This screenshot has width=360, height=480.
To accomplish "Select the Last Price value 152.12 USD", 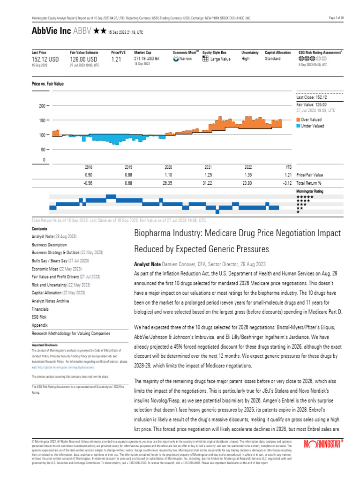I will click(45, 60).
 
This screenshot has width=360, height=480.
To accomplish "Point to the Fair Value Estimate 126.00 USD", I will click(83, 60).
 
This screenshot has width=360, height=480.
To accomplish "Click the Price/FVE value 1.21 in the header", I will click(116, 60).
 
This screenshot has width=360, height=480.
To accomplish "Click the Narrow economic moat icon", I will click(176, 59).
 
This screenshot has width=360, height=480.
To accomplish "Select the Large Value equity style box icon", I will click(205, 59).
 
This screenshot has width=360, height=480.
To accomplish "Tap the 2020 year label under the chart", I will click(168, 167).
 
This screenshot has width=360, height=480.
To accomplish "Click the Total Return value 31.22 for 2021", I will click(208, 183).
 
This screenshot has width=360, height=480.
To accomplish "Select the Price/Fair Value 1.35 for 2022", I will click(248, 175).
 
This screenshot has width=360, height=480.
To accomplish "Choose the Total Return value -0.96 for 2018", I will click(88, 183).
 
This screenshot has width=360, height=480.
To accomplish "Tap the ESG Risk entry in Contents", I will click(40, 317).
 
